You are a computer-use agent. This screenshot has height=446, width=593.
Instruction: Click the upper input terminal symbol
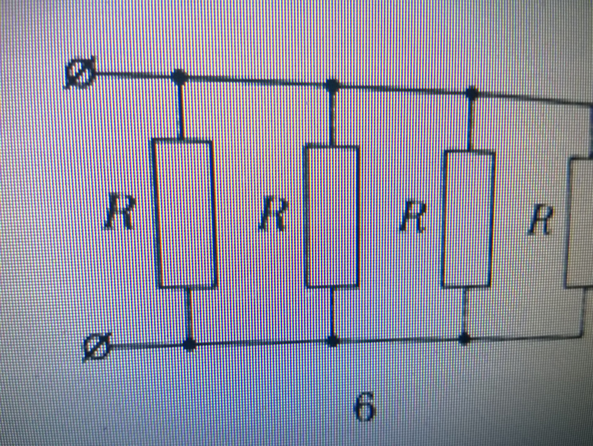click(x=80, y=72)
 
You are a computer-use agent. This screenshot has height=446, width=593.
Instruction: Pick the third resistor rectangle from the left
click(x=468, y=220)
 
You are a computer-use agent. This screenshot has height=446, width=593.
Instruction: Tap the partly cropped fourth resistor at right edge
click(x=580, y=222)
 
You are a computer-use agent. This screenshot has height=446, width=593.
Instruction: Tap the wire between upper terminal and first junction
click(x=134, y=76)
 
